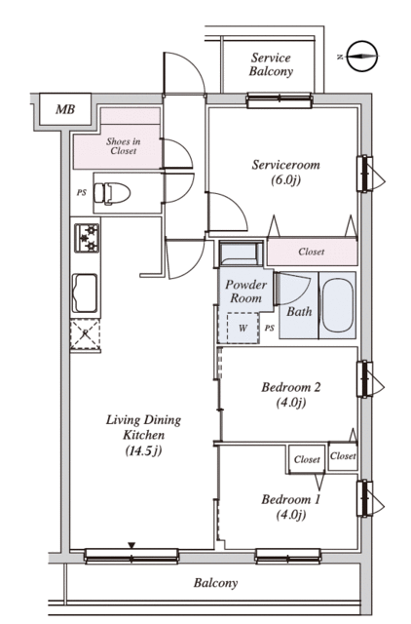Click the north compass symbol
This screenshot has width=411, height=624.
(x=361, y=57)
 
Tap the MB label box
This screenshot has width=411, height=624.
(x=65, y=108)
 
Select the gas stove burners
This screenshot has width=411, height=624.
(x=87, y=238)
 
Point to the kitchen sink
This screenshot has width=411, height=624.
(x=85, y=292)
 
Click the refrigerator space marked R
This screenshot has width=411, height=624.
(x=85, y=334)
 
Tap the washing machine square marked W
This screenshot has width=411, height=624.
(x=243, y=328)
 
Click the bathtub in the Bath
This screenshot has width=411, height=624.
(x=337, y=305)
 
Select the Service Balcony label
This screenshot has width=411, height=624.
(x=272, y=64)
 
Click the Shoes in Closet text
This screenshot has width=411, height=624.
(x=124, y=146)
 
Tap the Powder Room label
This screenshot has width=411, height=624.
(x=246, y=291)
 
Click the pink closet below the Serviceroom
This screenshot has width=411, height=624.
(x=312, y=252)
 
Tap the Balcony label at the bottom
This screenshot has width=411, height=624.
(x=216, y=583)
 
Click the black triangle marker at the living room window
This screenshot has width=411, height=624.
(x=131, y=545)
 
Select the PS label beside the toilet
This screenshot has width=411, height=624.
(x=82, y=193)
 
